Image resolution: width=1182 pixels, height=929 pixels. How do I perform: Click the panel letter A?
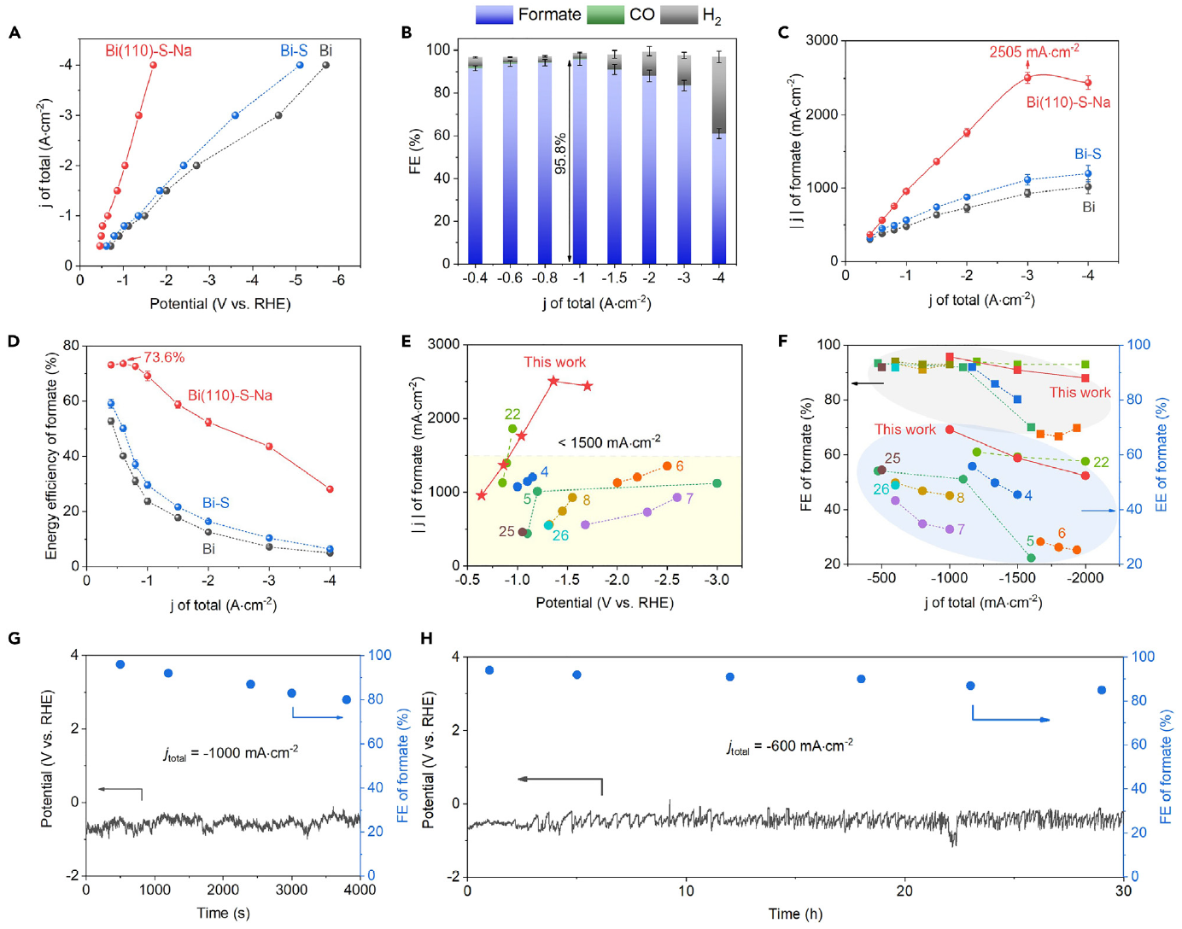pyautogui.click(x=15, y=33)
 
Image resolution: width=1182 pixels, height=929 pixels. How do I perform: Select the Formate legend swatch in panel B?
pyautogui.click(x=494, y=15)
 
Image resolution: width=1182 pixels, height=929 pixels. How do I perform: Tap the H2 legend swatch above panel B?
pyautogui.click(x=678, y=15)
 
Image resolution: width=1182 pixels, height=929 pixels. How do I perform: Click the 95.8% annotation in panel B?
pyautogui.click(x=560, y=154)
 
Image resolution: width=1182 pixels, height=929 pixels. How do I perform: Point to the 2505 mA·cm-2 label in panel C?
pyautogui.click(x=1033, y=52)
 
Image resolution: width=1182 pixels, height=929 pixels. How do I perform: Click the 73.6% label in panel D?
pyautogui.click(x=164, y=357)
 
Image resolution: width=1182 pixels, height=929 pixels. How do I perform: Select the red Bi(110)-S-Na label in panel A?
pyautogui.click(x=149, y=50)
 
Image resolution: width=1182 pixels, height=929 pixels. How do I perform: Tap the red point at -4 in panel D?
pyautogui.click(x=330, y=489)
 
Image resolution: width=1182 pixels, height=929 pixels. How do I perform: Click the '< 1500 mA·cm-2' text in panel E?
pyautogui.click(x=609, y=442)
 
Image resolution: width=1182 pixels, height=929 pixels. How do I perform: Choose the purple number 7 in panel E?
pyautogui.click(x=689, y=498)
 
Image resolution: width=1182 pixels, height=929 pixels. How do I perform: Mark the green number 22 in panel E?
pyautogui.click(x=512, y=414)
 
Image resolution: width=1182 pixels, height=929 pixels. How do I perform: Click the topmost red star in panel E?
pyautogui.click(x=553, y=381)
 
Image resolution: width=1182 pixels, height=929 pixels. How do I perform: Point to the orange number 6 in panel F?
pyautogui.click(x=1062, y=533)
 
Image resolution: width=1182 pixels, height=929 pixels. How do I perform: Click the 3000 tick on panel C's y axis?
pyautogui.click(x=822, y=40)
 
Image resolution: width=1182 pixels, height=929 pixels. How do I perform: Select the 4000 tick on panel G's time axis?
pyautogui.click(x=360, y=889)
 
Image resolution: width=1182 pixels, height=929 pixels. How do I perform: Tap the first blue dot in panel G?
pyautogui.click(x=120, y=664)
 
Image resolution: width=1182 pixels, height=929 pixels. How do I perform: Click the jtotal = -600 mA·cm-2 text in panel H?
pyautogui.click(x=790, y=746)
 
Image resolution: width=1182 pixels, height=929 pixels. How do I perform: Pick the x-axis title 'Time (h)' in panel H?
pyautogui.click(x=795, y=914)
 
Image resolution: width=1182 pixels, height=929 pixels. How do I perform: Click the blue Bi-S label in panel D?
pyautogui.click(x=216, y=503)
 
